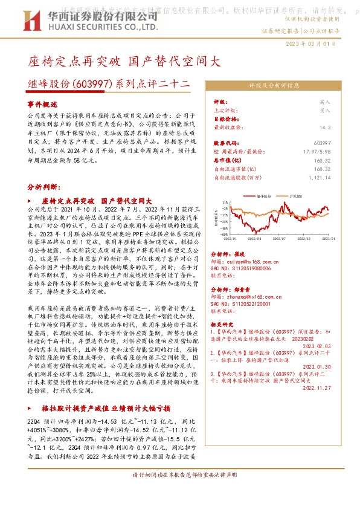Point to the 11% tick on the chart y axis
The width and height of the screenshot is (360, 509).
(x=225, y=203)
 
